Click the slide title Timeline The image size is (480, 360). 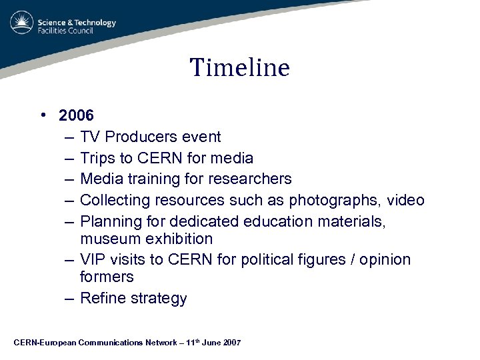tap(240, 67)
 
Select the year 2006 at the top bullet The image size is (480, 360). tap(76, 115)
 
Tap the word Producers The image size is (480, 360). tap(139, 137)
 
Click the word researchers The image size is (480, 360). tap(250, 179)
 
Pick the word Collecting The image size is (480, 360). tap(115, 200)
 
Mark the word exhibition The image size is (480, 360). tap(177, 239)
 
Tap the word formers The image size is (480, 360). tap(107, 277)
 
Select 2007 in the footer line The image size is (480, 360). tap(230, 343)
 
